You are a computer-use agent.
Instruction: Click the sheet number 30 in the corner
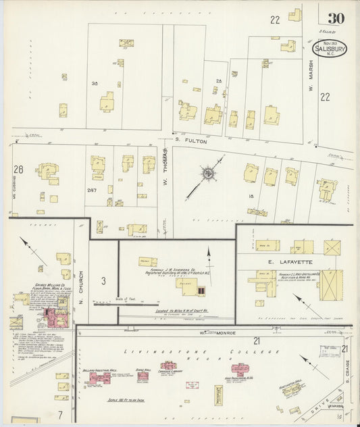tap(335, 19)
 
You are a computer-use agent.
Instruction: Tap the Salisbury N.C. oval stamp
tap(330, 49)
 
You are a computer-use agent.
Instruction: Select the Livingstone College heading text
tap(201, 352)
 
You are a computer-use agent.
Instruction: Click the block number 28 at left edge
tap(18, 170)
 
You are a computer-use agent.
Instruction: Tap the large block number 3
tap(103, 280)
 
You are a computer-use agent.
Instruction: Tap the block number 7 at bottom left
tap(59, 413)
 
